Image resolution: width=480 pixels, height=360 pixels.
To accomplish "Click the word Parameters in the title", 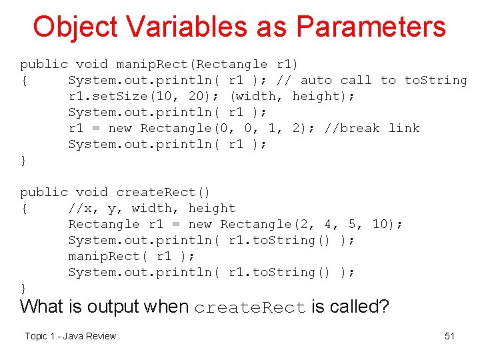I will (371, 27).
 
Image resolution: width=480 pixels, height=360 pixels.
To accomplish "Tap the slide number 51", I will (449, 336).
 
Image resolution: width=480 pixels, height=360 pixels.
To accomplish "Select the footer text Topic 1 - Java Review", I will (70, 336).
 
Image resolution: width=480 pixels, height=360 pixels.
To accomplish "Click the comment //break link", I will (372, 128).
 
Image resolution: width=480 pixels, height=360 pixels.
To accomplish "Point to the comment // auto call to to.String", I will (372, 80).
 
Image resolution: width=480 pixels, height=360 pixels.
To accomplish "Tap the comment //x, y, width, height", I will (152, 208).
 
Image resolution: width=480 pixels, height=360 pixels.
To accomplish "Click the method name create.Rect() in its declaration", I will (163, 192).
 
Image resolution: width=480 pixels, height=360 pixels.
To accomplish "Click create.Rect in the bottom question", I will (250, 307).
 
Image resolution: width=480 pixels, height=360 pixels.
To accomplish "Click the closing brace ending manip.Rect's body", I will (24, 160).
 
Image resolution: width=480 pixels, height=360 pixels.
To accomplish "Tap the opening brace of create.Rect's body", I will (24, 208).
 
